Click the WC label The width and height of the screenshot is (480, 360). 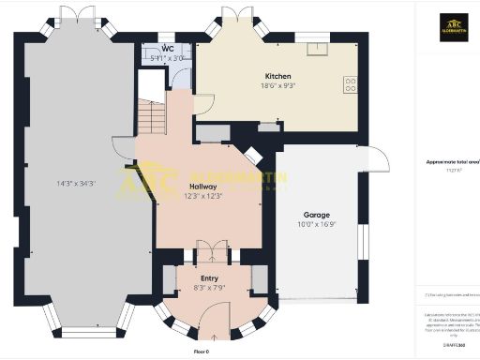167,48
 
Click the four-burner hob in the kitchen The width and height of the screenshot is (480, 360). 351,84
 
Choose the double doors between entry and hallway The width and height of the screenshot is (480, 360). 208,252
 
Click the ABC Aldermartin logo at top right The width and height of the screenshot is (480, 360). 454,25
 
